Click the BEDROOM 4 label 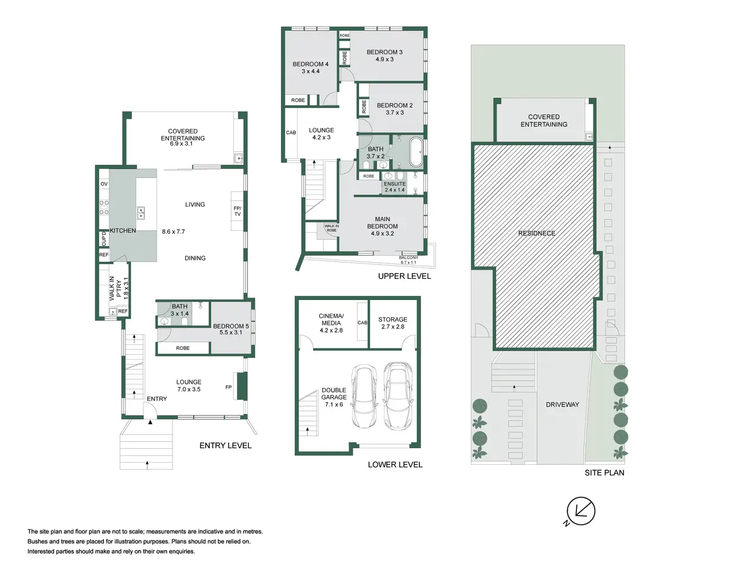[310, 64]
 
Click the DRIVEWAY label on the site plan [562, 405]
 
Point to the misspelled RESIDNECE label [537, 233]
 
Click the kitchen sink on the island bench [141, 213]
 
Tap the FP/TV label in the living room [237, 211]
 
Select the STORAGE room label [393, 320]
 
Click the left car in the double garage [364, 396]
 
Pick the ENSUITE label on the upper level [395, 184]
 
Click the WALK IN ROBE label [332, 228]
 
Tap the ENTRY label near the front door [157, 399]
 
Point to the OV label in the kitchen [104, 184]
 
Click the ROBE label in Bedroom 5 [183, 348]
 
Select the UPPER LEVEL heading [405, 276]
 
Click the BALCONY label [409, 258]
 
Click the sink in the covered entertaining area [239, 158]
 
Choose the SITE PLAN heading [604, 472]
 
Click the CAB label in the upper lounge [291, 132]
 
